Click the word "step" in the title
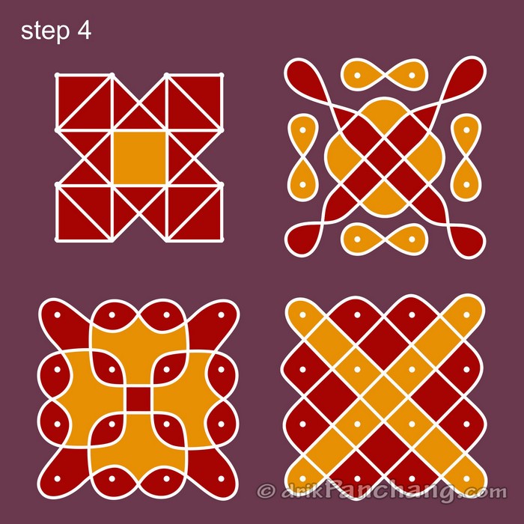pyautogui.click(x=46, y=31)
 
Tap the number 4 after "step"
pyautogui.click(x=84, y=31)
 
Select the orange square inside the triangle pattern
pyautogui.click(x=139, y=158)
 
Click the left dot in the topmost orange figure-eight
pyautogui.click(x=357, y=75)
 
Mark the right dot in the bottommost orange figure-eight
pyautogui.click(x=412, y=240)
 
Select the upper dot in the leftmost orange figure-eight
pyautogui.click(x=302, y=130)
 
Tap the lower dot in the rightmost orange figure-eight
pyautogui.click(x=466, y=184)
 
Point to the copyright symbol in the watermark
pyautogui.click(x=266, y=491)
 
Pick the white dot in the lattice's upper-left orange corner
pyautogui.click(x=302, y=315)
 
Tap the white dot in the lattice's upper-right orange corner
pyautogui.click(x=466, y=315)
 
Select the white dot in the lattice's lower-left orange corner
pyautogui.click(x=302, y=478)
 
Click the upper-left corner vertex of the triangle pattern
pyautogui.click(x=57, y=75)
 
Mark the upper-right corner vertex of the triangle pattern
pyautogui.click(x=222, y=75)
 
